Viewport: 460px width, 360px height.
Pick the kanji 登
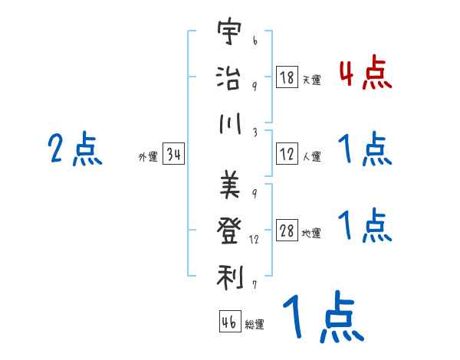[230, 229]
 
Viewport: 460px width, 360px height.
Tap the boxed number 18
[287, 77]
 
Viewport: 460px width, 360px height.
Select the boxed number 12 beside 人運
[287, 154]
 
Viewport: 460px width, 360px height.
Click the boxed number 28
[287, 231]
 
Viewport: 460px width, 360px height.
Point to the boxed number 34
[173, 155]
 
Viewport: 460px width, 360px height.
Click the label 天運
[311, 80]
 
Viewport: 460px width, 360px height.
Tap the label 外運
[147, 157]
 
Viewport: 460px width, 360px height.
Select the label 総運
[254, 323]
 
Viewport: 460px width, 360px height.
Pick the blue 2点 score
[75, 149]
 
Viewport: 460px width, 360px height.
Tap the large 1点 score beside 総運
[321, 317]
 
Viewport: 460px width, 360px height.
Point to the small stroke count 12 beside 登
[255, 240]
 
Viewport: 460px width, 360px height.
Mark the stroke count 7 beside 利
[254, 284]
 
